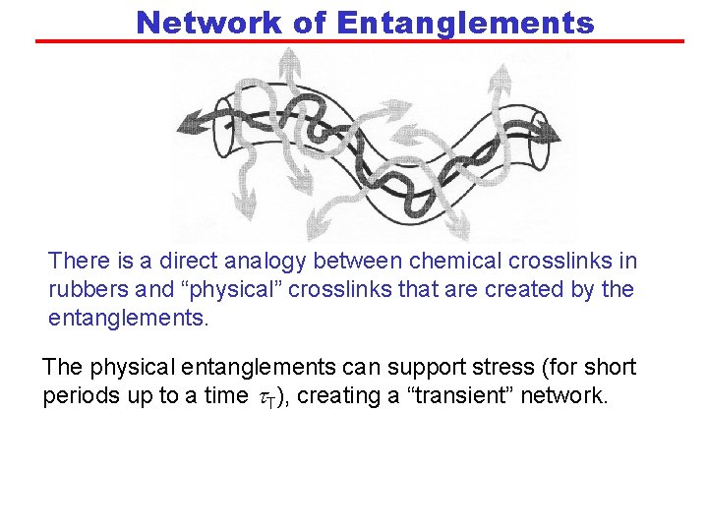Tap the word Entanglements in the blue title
tap(465, 22)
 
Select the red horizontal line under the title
tap(359, 41)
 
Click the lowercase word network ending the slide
tap(570, 396)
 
